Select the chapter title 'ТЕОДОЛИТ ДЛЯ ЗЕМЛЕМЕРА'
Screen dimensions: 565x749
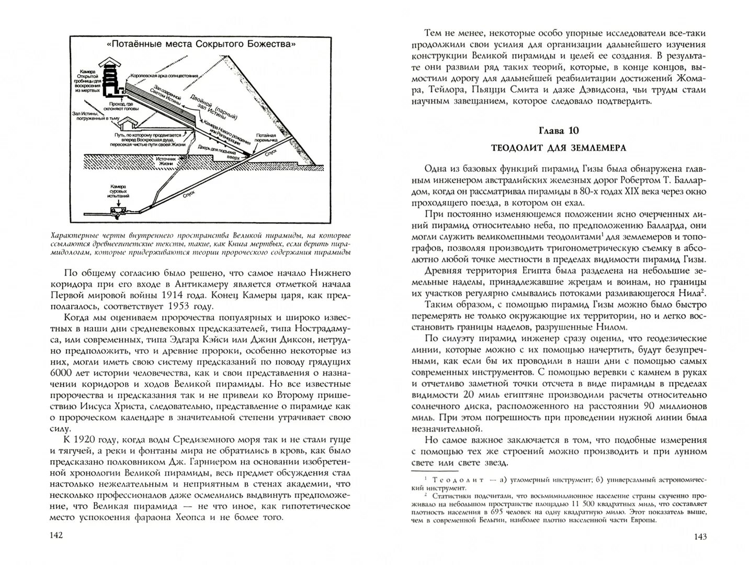click(x=559, y=148)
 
